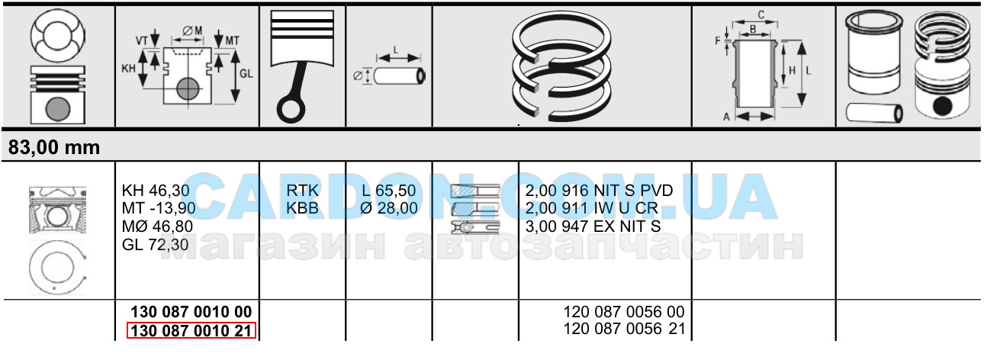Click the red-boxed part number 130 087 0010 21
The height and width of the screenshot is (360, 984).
(x=191, y=330)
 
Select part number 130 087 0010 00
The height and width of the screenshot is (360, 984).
(x=191, y=312)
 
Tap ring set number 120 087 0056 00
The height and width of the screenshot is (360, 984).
(x=624, y=312)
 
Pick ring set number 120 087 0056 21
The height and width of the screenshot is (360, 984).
(x=624, y=329)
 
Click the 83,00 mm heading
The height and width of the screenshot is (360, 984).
(x=54, y=147)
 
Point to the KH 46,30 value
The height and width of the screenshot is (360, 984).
(x=156, y=191)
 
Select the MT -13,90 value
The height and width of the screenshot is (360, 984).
(x=159, y=208)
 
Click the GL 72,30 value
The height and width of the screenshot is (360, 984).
(x=155, y=245)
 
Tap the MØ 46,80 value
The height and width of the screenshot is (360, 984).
(x=157, y=227)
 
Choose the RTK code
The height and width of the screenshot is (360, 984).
(x=302, y=191)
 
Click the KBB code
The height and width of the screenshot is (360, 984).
(x=302, y=208)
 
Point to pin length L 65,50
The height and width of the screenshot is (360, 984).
(x=389, y=191)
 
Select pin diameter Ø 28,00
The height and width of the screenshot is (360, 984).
(x=389, y=208)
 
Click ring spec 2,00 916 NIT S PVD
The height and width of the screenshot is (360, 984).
(x=600, y=191)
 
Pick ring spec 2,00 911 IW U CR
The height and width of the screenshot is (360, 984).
(x=592, y=208)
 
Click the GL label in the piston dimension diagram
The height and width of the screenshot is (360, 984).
(x=246, y=74)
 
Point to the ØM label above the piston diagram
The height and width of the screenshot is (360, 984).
(x=192, y=31)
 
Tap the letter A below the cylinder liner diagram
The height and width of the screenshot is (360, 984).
(x=726, y=117)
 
